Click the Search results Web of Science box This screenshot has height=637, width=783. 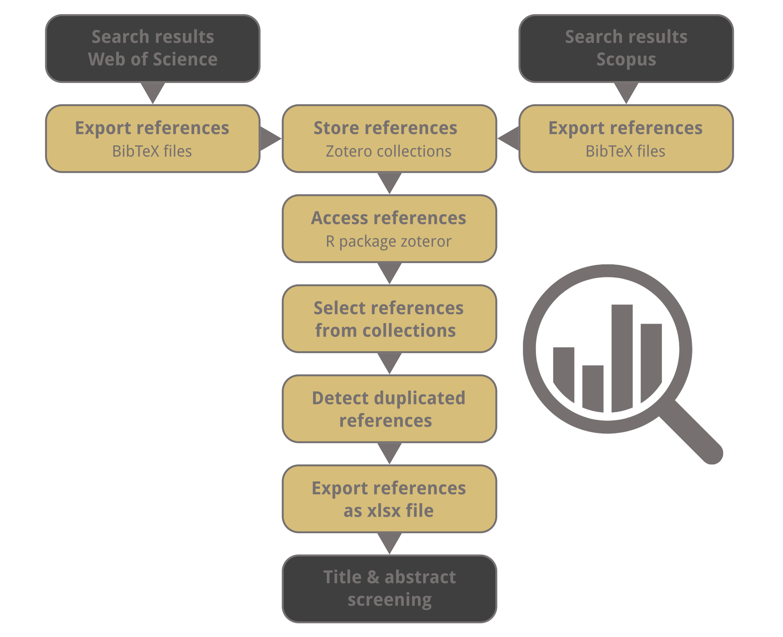point(153,48)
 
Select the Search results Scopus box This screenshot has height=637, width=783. point(626,48)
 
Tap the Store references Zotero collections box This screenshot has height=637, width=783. point(389,138)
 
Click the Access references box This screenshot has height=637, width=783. point(389,228)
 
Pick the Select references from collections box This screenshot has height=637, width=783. point(389,318)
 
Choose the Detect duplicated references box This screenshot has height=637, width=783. point(389,408)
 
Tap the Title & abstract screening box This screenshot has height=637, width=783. point(389,589)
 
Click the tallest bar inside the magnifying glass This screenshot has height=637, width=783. point(622,358)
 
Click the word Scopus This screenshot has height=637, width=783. point(626,59)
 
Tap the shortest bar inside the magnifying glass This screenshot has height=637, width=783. point(593,388)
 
